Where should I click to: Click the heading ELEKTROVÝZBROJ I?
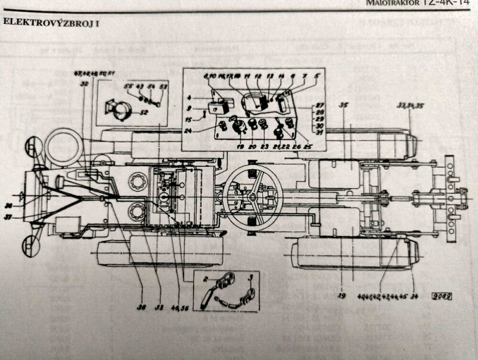51,23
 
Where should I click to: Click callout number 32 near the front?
84,84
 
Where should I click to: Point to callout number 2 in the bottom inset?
204,279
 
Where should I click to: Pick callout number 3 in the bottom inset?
252,279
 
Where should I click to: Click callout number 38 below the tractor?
141,309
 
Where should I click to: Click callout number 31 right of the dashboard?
320,133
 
